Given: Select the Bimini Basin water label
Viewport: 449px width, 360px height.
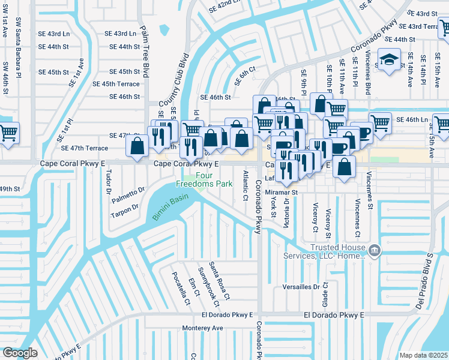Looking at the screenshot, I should (170, 206).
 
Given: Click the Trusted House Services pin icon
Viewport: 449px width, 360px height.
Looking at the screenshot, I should (374, 250).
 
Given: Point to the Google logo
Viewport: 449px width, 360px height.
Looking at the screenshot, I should (20, 353).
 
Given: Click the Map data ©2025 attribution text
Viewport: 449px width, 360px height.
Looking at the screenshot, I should (423, 355).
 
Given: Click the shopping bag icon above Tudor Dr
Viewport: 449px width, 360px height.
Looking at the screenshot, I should (138, 145).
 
